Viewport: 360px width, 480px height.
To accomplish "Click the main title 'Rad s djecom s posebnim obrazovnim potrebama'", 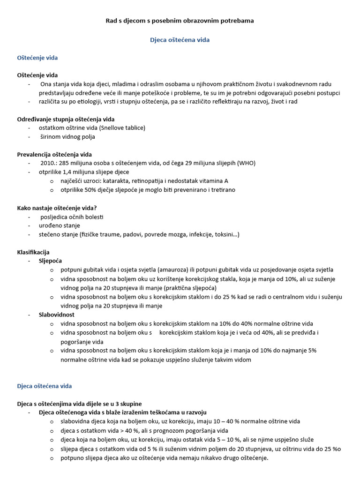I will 180,21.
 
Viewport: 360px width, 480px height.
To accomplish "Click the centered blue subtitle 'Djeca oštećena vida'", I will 180,40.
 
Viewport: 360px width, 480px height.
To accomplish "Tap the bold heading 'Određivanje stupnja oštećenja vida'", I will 66,119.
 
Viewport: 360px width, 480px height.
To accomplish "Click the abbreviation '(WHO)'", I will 246,163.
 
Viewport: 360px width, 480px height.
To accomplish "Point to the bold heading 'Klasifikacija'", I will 33,252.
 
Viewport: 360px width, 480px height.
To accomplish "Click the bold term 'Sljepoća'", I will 50,261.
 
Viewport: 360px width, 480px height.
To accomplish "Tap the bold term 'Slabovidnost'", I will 56,315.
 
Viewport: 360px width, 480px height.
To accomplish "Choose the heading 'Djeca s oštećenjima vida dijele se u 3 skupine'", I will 79,404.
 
